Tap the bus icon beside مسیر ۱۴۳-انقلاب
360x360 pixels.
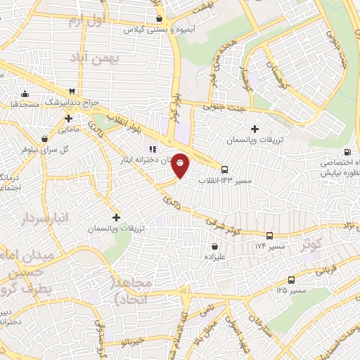point(224,169)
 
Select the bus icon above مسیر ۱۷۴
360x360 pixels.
point(270,235)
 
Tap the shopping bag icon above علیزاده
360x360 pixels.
point(214,246)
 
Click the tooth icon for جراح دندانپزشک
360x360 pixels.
point(72,91)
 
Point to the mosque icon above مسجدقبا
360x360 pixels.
point(25,94)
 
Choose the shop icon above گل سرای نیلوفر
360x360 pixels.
point(46,139)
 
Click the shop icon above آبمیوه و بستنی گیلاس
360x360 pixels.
point(160,19)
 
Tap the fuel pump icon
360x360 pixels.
point(347,152)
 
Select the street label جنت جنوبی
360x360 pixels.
point(226,108)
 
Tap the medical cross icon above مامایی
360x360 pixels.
point(67,118)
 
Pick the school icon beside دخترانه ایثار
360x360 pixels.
point(133,148)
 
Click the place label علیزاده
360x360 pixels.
point(214,257)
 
